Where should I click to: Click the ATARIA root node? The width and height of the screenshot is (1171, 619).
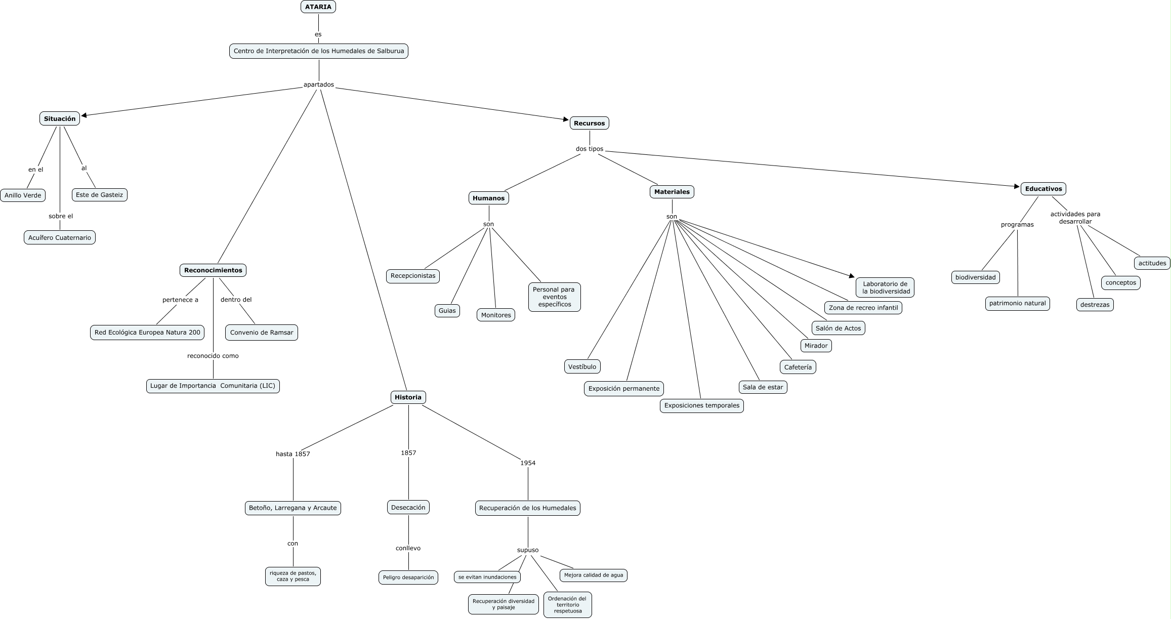[318, 7]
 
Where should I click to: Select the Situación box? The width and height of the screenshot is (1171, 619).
[60, 118]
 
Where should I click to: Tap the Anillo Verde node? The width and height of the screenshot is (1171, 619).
[23, 195]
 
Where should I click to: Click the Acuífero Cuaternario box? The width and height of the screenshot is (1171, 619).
[60, 237]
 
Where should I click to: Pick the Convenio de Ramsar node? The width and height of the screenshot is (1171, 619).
[262, 333]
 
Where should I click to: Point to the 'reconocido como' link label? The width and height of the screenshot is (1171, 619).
[213, 356]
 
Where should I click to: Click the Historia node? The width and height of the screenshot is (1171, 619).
[408, 397]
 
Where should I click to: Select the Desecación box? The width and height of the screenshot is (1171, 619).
[408, 507]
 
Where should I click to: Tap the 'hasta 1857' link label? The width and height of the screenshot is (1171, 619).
[292, 454]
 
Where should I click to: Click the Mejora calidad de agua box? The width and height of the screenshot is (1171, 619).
[594, 575]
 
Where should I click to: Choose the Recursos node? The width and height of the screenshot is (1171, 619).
[589, 123]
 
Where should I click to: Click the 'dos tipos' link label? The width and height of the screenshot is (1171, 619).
[590, 149]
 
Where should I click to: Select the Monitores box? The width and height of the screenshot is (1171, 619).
[496, 315]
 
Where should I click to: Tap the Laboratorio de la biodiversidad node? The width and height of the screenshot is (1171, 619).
[886, 287]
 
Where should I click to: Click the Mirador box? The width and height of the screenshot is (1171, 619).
[816, 346]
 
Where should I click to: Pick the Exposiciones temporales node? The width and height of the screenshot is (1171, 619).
[701, 405]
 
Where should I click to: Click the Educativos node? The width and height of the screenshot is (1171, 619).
[1043, 189]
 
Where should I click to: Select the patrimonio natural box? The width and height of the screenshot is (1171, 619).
[1017, 303]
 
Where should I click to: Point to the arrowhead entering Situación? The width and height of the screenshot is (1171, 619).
[84, 115]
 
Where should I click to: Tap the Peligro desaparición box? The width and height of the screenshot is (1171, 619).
[408, 577]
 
